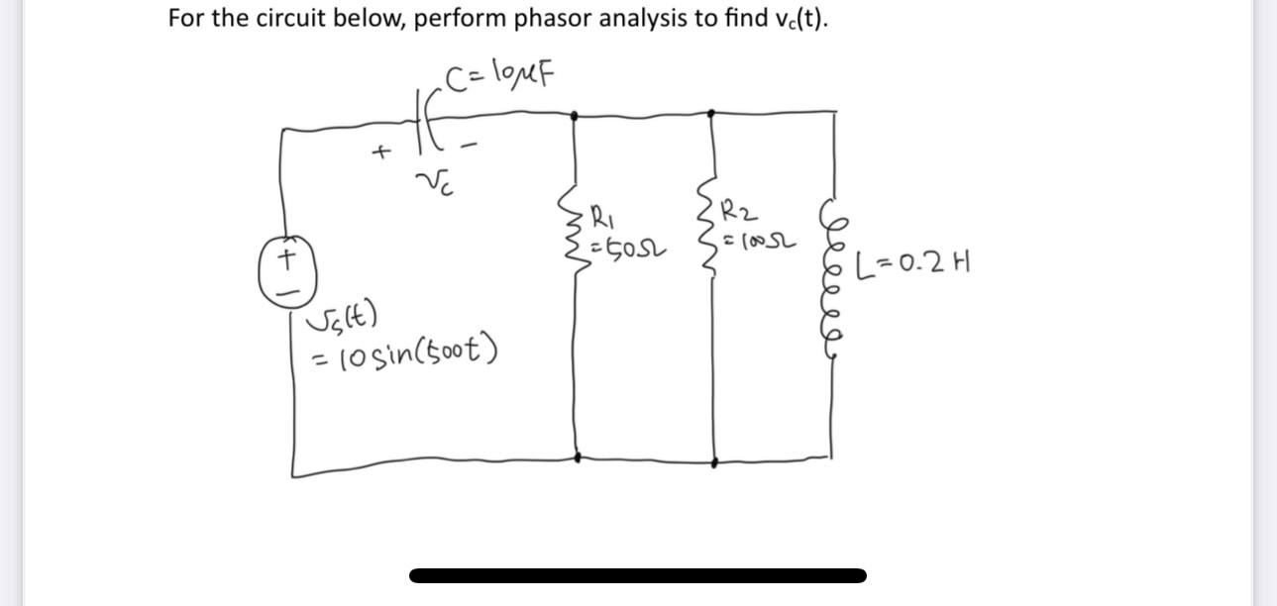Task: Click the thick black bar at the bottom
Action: (x=637, y=575)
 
